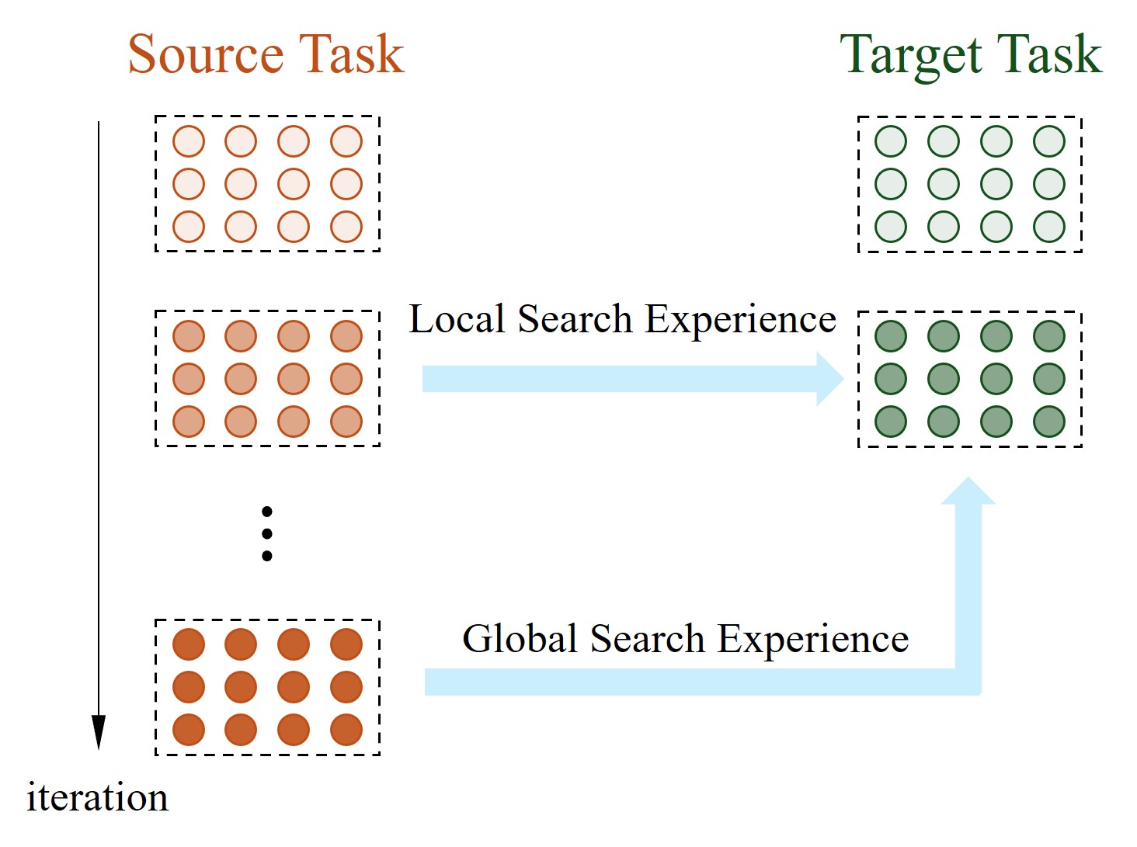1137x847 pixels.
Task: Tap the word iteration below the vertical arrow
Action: [x=97, y=798]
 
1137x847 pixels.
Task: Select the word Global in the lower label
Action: [x=520, y=639]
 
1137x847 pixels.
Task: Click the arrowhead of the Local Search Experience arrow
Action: [x=829, y=379]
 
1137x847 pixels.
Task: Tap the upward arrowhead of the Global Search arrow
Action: [x=968, y=491]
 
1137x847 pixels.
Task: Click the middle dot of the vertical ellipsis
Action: [x=267, y=533]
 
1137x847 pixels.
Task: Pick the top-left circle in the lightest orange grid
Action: [x=189, y=141]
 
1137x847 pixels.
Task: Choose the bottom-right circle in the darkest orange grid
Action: [x=346, y=730]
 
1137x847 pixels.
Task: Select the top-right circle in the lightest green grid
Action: [x=1049, y=141]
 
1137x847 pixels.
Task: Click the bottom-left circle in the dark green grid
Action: [x=891, y=422]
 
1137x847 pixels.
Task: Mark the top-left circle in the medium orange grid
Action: [x=189, y=336]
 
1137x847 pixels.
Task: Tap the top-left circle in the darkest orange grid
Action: [x=189, y=644]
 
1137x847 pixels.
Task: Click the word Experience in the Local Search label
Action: [x=740, y=319]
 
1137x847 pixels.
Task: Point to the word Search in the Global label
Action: [x=647, y=639]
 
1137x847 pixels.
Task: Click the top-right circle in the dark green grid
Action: [x=1049, y=336]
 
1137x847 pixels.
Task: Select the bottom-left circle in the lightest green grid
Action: [x=891, y=227]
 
